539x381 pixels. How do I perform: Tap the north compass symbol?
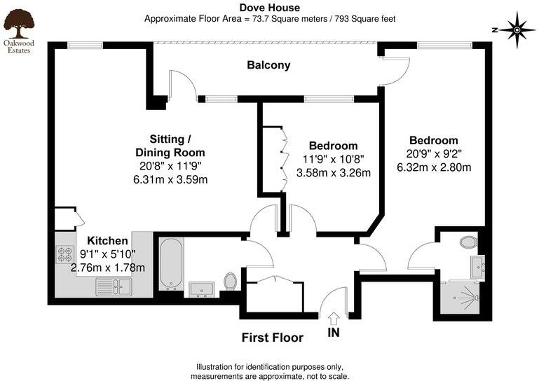pos(517,30)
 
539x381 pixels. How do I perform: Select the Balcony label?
pos(268,65)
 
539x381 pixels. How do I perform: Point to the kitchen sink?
pos(114,285)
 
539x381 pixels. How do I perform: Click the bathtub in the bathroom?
pos(171,264)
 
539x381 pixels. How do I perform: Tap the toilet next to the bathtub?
pos(230,282)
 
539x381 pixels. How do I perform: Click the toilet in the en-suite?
pos(468,243)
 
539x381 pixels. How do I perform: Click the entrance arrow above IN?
pos(333,319)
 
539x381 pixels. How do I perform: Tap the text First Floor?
pos(272,338)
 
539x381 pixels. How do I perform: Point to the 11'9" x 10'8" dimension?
pos(333,160)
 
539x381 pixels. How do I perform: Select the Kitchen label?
pos(107,240)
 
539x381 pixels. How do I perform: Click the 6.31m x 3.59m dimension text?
pos(170,179)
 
